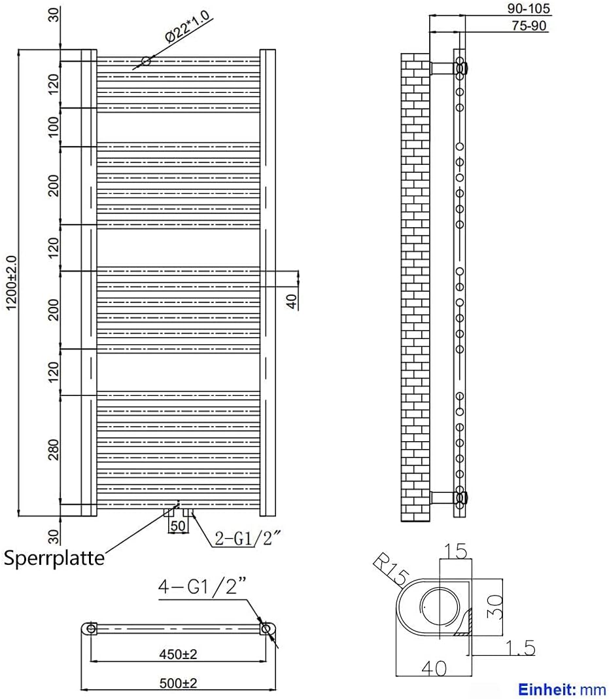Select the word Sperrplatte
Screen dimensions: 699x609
tap(54, 558)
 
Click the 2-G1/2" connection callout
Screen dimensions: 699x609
tap(249, 539)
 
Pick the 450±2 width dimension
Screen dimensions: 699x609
tap(178, 654)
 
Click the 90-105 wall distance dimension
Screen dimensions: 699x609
tap(529, 9)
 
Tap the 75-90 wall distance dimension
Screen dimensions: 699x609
tap(529, 26)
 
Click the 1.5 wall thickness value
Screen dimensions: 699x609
tap(520, 648)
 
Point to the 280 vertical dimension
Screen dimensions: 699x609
tap(54, 449)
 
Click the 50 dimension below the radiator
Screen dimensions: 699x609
tap(178, 526)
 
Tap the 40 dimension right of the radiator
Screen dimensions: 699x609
tap(292, 300)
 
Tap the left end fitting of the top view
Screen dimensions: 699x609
tap(91, 629)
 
